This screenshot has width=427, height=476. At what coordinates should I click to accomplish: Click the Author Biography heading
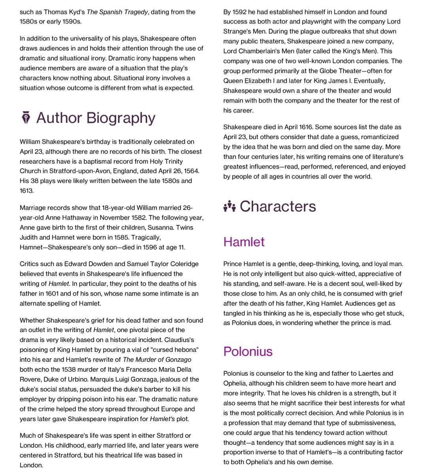[96, 118]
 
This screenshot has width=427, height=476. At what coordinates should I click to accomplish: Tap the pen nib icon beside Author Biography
[26, 118]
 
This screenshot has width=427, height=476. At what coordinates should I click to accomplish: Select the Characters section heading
[278, 206]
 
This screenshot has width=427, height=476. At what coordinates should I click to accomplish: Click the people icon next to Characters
[229, 206]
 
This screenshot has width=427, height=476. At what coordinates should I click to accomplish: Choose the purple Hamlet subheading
[244, 242]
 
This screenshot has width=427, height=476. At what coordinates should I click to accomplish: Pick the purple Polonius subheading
[248, 351]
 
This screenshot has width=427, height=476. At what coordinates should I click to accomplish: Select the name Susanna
[161, 227]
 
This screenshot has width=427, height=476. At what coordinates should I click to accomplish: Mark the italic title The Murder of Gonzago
[157, 359]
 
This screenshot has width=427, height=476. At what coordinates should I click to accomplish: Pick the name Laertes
[362, 373]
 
